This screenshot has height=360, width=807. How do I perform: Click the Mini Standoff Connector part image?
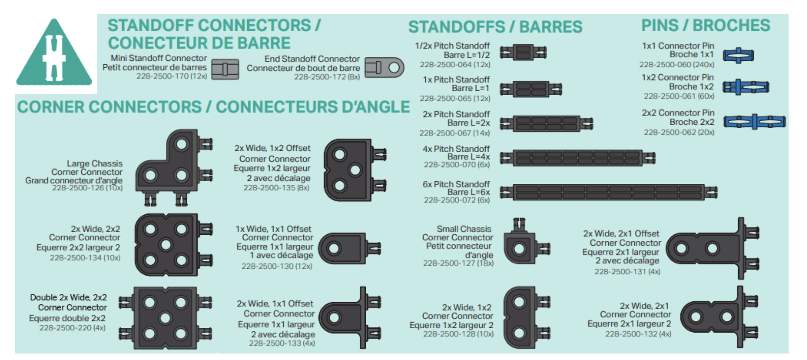point(225,69)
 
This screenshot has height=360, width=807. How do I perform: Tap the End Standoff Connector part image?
point(384,68)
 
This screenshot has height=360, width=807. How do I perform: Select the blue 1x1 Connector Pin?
point(738,55)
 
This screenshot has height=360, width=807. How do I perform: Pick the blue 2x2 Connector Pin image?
point(754,122)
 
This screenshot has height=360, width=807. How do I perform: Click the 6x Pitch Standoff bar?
point(608,192)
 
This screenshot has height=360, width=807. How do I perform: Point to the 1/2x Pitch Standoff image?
point(523,53)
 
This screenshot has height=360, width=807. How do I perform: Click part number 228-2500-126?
point(87,188)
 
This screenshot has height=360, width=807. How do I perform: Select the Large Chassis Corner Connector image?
point(173,167)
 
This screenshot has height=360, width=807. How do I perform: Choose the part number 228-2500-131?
point(627,271)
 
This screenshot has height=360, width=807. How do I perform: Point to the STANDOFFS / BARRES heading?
point(495,27)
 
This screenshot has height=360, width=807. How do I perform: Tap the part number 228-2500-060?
point(677,64)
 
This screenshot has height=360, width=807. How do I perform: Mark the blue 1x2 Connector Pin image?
point(746,87)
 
